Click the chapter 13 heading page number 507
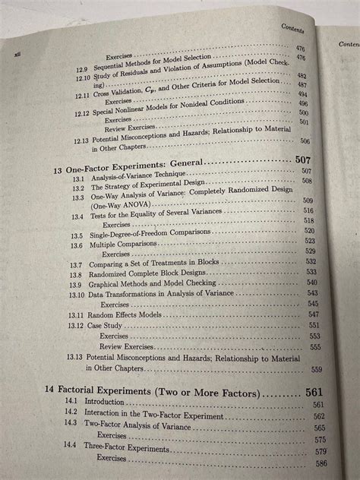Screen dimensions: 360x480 point(303,162)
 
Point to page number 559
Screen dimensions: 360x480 point(317,370)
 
